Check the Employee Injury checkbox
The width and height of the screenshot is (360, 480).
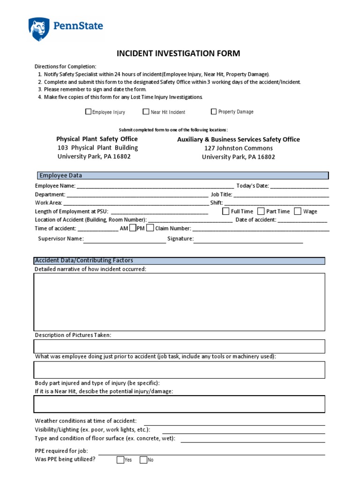[88, 112]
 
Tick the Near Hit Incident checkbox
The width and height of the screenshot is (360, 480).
[146, 112]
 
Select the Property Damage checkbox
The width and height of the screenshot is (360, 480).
[214, 112]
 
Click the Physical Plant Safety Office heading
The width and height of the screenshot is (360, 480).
[97, 139]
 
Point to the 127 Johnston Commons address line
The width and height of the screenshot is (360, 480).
[238, 148]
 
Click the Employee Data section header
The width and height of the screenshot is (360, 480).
[183, 175]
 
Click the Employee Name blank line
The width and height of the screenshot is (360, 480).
[155, 187]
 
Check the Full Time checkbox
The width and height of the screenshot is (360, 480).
[225, 211]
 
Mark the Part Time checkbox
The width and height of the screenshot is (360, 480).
[261, 211]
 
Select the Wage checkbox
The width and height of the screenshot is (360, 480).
[298, 211]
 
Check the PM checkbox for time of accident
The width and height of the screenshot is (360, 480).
[150, 228]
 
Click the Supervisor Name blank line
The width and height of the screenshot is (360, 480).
[125, 240]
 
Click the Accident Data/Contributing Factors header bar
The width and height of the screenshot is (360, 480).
[179, 261]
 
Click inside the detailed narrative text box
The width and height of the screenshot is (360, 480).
[179, 302]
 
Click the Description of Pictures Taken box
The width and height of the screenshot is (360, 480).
[179, 346]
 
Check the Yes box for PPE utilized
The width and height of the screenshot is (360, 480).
[120, 460]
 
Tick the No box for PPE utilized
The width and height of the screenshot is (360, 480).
[143, 460]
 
